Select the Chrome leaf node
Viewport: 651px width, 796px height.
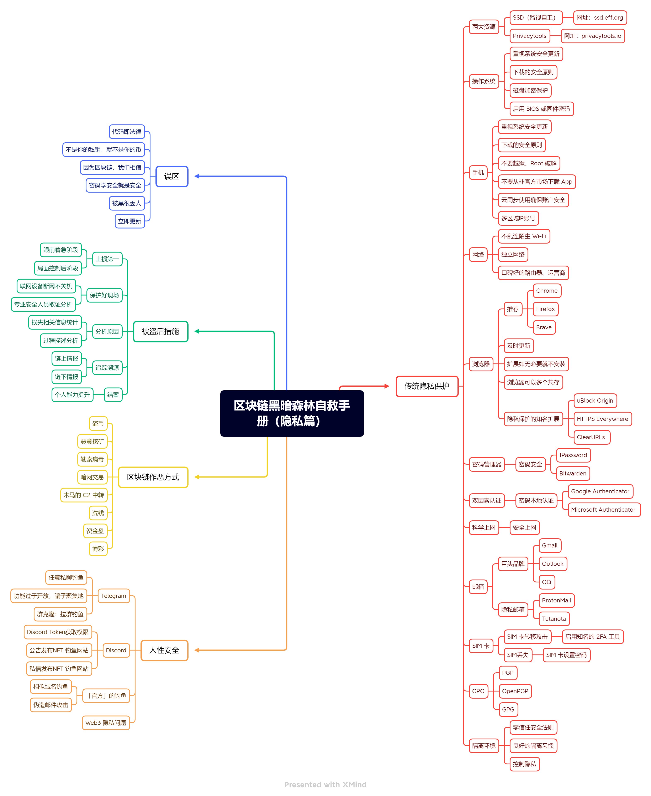coord(547,291)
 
